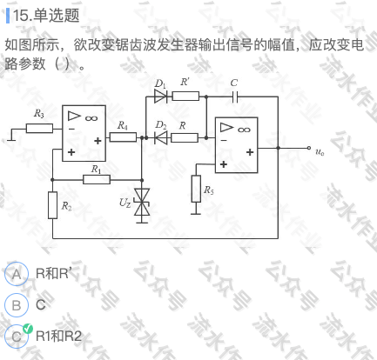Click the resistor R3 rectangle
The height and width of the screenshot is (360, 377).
39,128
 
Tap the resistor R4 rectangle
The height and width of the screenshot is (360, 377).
123,137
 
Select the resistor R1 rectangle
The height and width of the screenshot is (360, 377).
97,179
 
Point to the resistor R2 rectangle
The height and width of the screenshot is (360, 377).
52,205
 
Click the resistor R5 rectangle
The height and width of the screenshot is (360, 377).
196,189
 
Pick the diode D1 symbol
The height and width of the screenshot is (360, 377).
161,96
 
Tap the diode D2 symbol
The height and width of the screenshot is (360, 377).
161,137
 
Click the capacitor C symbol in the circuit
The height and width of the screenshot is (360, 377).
235,97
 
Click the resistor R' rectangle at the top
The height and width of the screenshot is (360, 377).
185,96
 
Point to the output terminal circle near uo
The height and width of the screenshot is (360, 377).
309,148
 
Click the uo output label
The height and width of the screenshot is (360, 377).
320,152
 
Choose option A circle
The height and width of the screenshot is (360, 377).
17,274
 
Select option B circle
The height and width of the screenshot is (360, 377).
17,305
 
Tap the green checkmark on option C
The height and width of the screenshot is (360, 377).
28,329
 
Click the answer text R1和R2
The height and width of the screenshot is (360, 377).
58,336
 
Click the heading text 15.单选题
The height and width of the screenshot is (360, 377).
46,16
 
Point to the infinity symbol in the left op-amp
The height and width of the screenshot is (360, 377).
91,118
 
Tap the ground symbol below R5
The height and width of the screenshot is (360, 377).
196,211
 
